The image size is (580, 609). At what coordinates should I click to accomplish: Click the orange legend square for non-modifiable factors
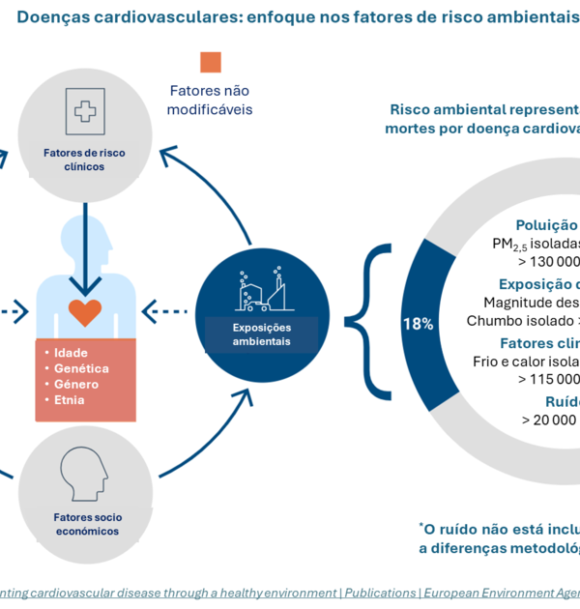click(211, 63)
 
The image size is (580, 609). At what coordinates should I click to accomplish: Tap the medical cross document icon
click(85, 110)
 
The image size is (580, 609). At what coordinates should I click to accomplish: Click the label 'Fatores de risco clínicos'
click(85, 159)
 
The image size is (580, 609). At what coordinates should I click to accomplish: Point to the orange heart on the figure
click(85, 312)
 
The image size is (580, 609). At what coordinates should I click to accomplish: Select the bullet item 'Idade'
click(71, 353)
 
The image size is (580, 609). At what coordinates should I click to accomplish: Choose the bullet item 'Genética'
click(81, 368)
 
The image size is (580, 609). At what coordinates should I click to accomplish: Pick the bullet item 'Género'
click(76, 384)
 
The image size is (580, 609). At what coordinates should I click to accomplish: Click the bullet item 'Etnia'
click(70, 399)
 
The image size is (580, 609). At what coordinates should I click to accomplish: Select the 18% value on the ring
click(418, 324)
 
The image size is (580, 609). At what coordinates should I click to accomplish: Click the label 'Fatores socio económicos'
click(87, 524)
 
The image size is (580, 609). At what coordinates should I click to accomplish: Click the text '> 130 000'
click(548, 261)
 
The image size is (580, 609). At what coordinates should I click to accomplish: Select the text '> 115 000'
click(548, 379)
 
